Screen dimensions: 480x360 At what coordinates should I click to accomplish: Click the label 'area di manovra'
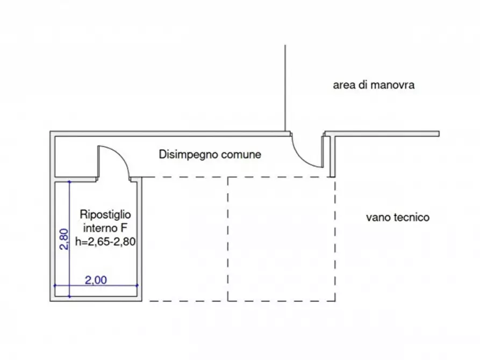tap(374, 85)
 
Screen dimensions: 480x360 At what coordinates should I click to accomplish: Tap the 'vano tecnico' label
tap(398, 218)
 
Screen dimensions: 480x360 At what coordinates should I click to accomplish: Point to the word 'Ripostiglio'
tap(105, 214)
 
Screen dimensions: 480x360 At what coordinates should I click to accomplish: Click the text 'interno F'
tap(105, 228)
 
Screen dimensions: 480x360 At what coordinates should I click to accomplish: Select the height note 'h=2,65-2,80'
tap(105, 242)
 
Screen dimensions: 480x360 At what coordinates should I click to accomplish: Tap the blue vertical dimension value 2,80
tap(64, 239)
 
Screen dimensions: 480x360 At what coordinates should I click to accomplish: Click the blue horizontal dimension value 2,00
tap(96, 280)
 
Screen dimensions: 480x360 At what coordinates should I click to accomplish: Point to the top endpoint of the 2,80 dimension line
tap(69, 182)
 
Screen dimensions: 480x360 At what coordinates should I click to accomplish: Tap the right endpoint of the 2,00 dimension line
tap(137, 285)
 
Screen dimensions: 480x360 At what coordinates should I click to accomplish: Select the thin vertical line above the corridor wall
tap(285, 88)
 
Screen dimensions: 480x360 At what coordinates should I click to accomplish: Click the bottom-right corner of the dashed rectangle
tap(335, 301)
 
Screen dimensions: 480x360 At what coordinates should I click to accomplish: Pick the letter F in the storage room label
tap(124, 228)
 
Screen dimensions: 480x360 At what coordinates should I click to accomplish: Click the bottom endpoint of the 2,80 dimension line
tap(69, 297)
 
